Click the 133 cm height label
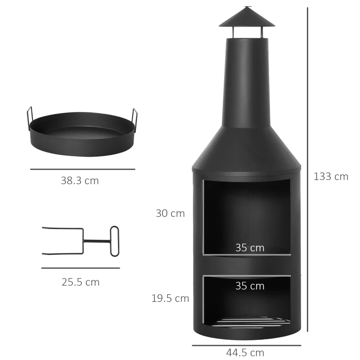(331, 176)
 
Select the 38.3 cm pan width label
(80, 181)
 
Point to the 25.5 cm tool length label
(81, 282)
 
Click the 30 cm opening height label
(170, 213)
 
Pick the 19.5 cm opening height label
(170, 298)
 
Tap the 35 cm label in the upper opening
(250, 247)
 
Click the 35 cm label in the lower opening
(250, 286)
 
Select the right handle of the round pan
(135, 119)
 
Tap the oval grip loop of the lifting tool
(114, 241)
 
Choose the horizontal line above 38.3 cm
(82, 169)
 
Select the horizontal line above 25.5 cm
(81, 268)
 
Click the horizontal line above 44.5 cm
(246, 345)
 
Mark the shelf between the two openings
(246, 264)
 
